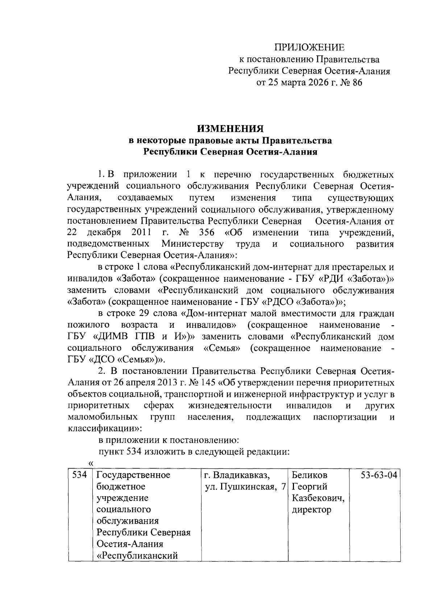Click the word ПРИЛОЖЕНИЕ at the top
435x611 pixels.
coord(309,48)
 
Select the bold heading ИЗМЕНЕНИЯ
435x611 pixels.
coord(231,128)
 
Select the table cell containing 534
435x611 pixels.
coord(79,475)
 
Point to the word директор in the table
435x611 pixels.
coord(311,509)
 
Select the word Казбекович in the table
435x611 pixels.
coord(318,498)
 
